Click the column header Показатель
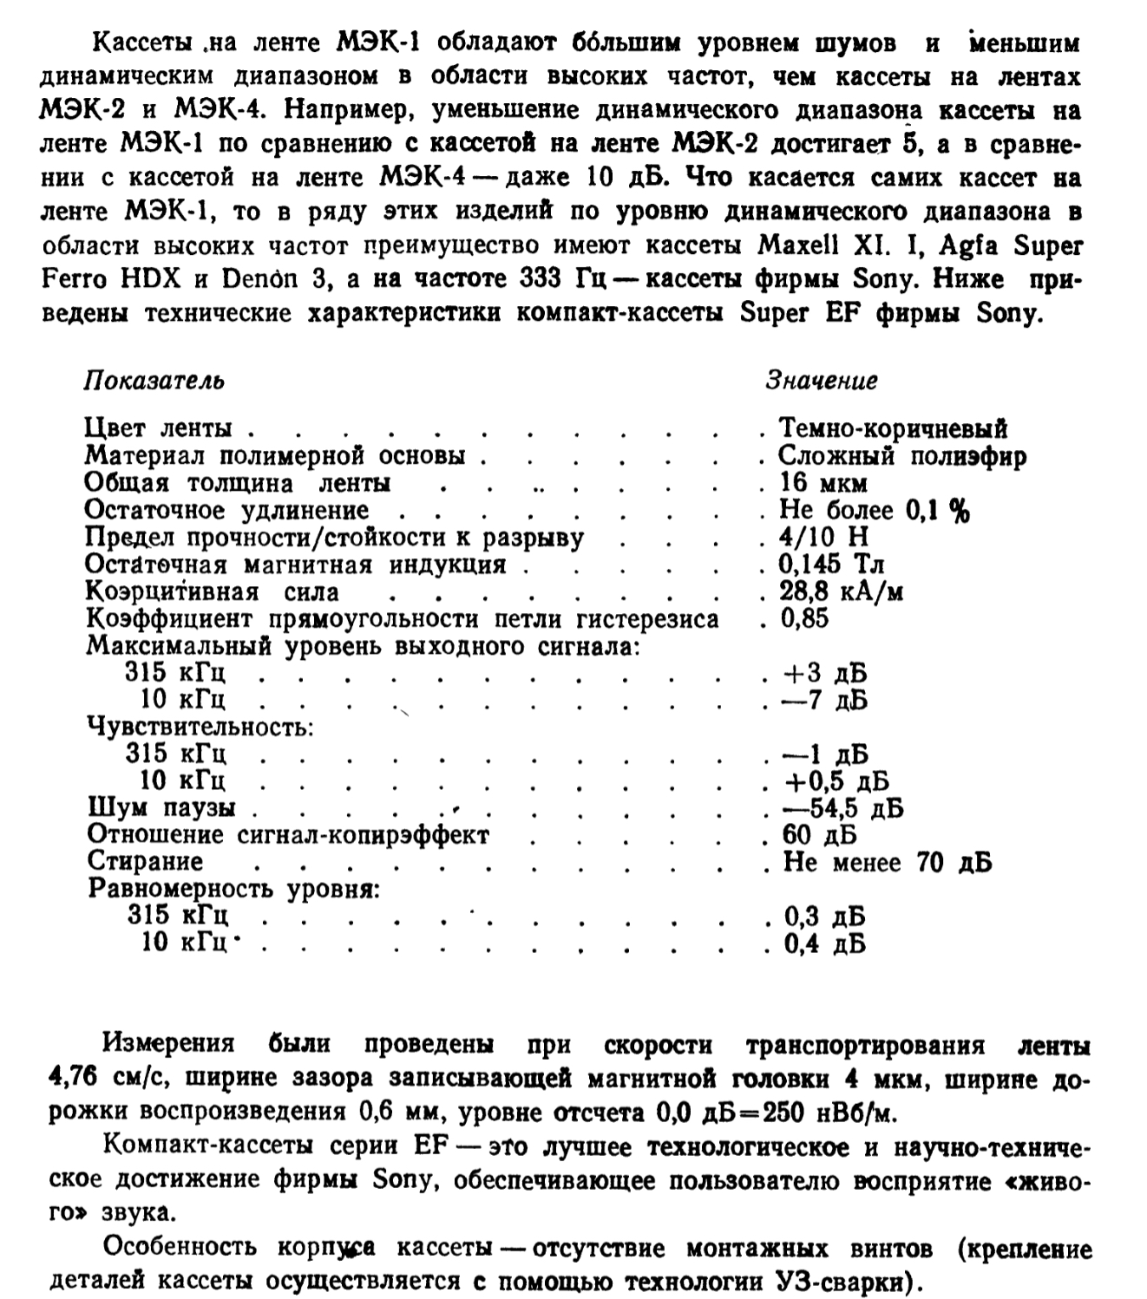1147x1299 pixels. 154,381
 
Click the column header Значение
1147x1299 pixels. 821,381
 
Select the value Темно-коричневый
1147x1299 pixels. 893,428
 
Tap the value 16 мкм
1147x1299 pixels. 823,483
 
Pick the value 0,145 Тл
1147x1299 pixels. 832,565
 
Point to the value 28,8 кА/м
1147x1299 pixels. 842,592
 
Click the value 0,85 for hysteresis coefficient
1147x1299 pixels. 804,619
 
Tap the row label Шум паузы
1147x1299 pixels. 161,809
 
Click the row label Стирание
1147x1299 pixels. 145,862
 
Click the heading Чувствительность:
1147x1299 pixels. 200,727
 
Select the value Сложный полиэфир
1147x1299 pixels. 901,456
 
